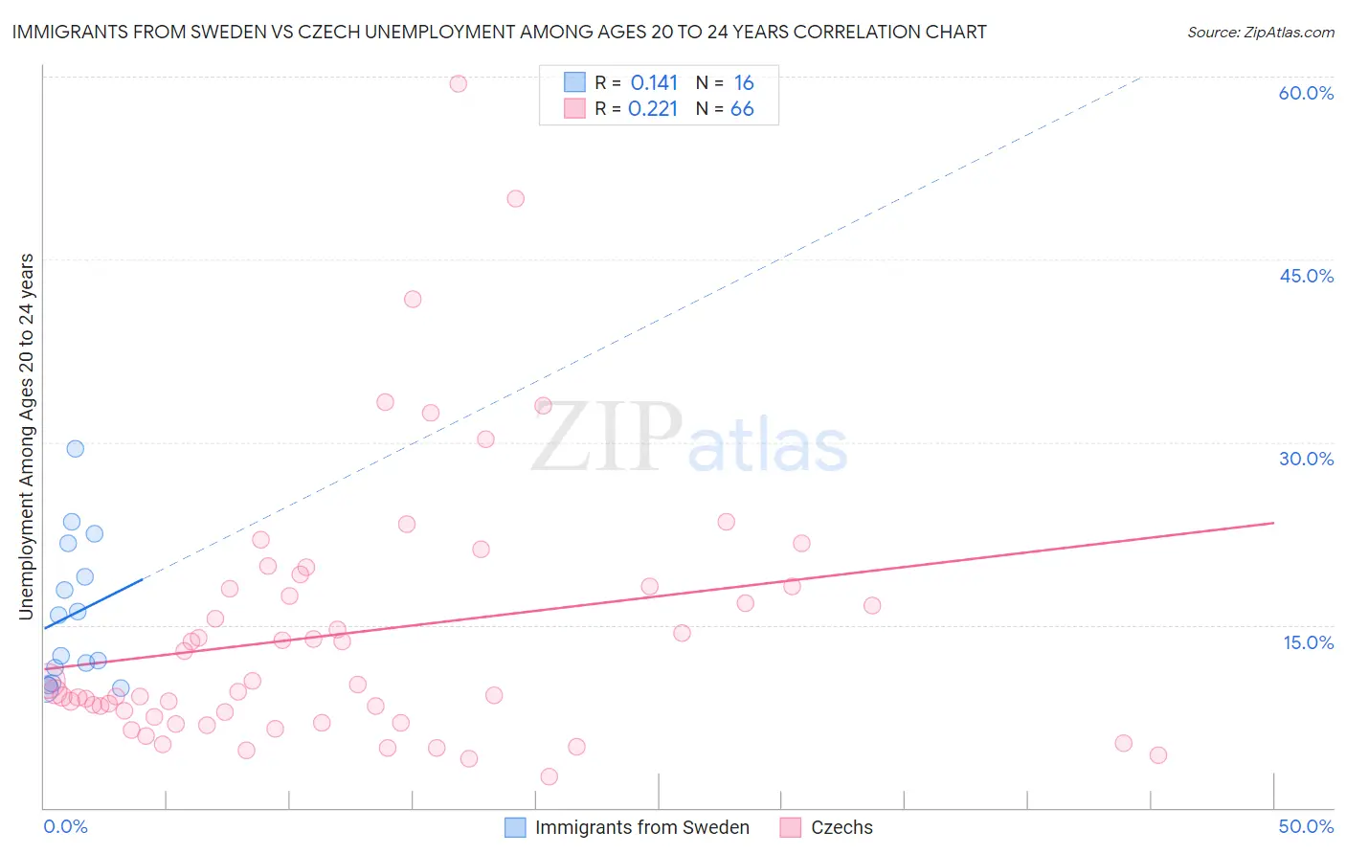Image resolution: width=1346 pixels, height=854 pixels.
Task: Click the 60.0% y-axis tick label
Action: pos(1306,93)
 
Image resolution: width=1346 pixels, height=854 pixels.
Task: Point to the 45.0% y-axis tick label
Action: pos(1306,276)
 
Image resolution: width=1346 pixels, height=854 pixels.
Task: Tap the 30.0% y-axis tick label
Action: pos(1306,459)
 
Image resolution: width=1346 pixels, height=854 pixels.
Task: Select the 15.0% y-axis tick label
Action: pos(1308,642)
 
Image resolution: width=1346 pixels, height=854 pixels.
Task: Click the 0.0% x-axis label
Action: pos(65,826)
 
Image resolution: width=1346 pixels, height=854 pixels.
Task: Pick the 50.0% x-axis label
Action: pos(1306,826)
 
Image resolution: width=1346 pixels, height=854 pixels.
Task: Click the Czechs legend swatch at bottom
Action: pos(790,827)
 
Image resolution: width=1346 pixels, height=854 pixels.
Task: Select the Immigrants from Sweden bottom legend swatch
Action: pos(515,827)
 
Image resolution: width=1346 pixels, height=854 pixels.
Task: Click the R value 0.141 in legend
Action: pos(654,83)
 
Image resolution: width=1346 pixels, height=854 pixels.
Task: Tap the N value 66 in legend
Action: pos(742,109)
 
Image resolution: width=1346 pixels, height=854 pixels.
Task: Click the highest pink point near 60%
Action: pos(459,83)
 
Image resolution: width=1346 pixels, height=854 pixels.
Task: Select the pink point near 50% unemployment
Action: pos(516,199)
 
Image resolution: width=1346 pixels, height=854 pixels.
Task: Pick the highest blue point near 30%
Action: pos(76,448)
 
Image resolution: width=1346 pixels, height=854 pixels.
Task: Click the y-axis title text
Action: pos(26,437)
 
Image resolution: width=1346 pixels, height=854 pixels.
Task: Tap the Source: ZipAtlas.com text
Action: pos(1260,33)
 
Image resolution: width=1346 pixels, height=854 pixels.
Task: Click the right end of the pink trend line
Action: pos(1273,523)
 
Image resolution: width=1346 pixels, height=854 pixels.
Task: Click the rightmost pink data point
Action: pos(1158,754)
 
